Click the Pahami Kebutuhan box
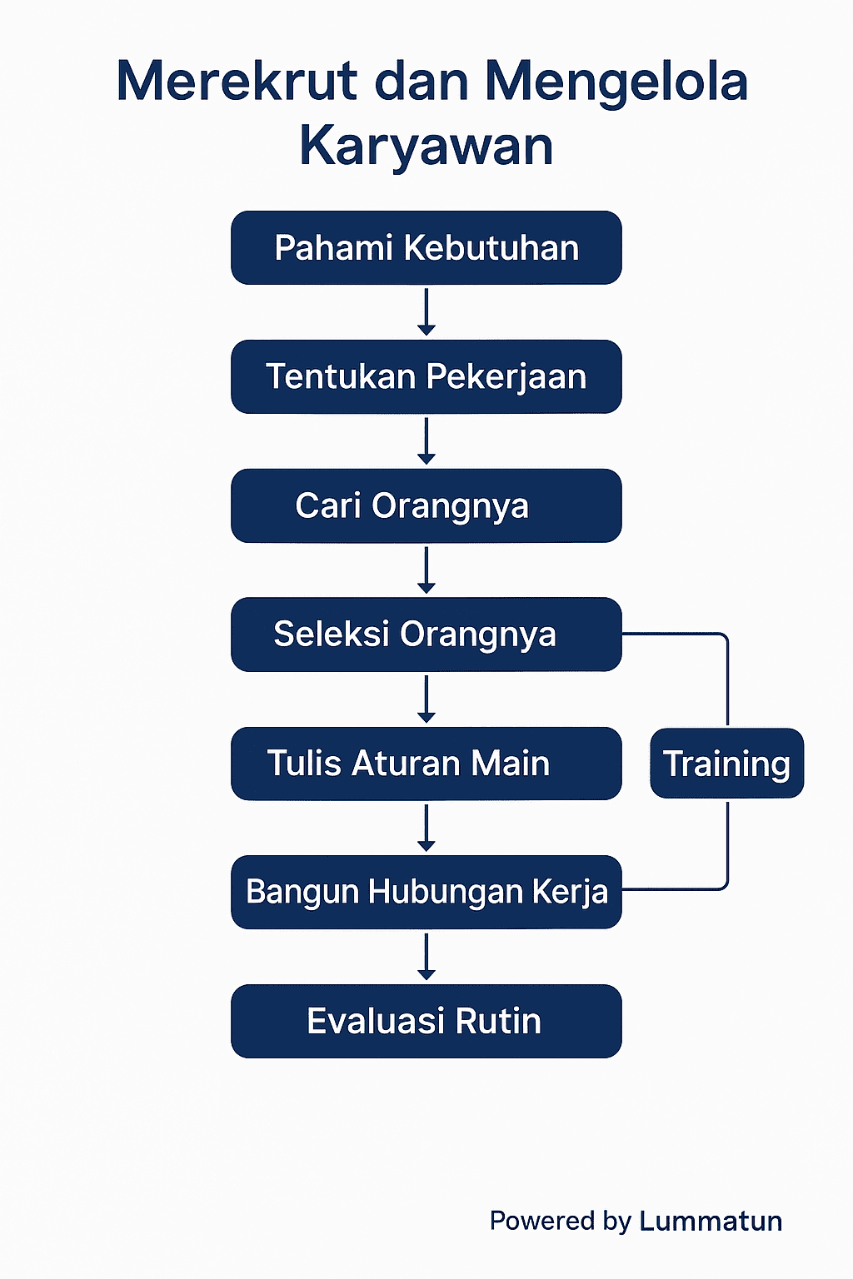click(426, 248)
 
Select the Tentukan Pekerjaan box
click(426, 376)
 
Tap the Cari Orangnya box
click(426, 505)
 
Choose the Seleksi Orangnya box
click(426, 635)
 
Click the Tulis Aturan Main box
click(426, 764)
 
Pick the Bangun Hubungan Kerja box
click(426, 892)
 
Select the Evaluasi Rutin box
click(426, 1021)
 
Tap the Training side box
click(726, 764)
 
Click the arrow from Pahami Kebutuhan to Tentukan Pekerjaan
click(426, 312)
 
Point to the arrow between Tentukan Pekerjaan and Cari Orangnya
click(426, 441)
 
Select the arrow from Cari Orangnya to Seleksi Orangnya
click(426, 570)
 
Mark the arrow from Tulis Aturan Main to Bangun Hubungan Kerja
click(426, 828)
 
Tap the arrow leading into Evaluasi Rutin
click(426, 957)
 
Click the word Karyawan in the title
click(426, 147)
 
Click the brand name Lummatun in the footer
click(711, 1221)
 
